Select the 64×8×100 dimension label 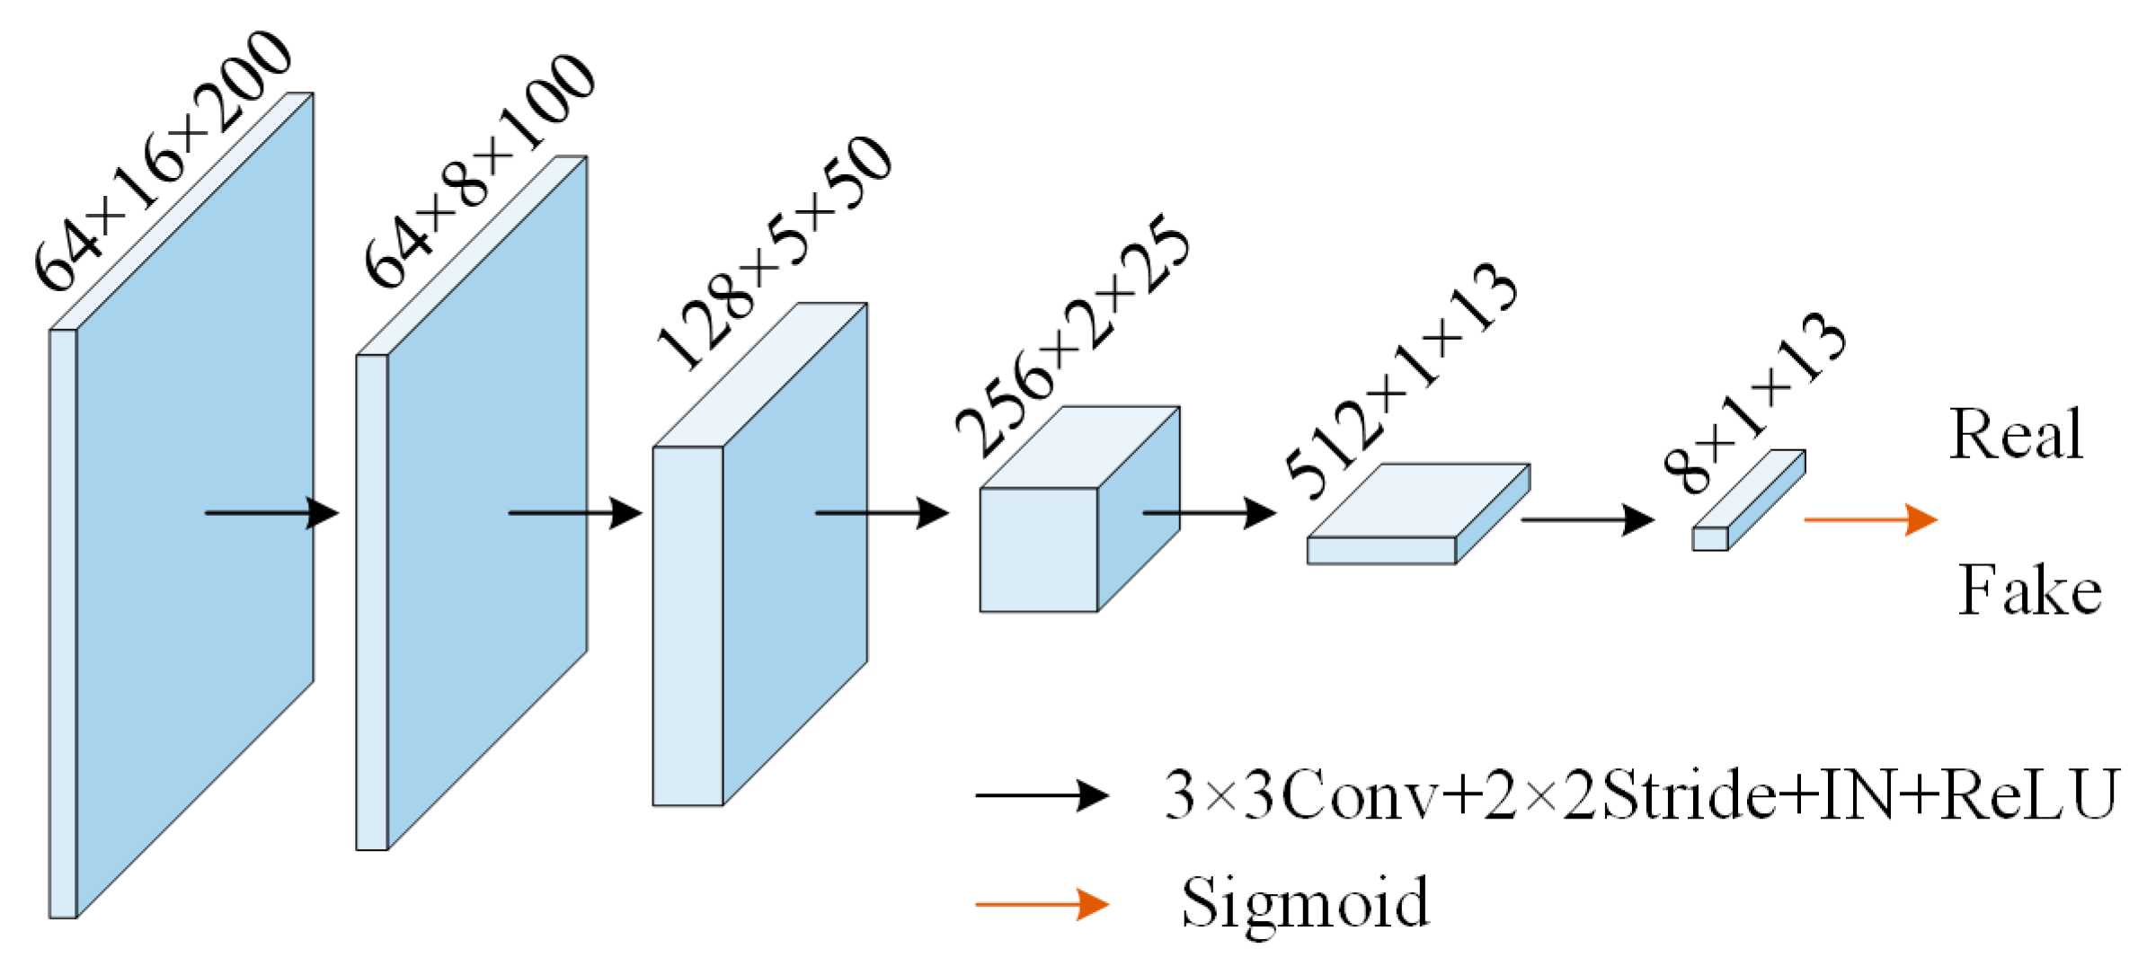(x=479, y=171)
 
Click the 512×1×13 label (x=1401, y=381)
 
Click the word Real (x=2016, y=435)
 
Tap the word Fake (x=2029, y=590)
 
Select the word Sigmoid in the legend (x=1304, y=902)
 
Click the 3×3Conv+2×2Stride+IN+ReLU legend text (x=1640, y=795)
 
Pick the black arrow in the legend (x=1042, y=795)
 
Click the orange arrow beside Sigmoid (x=1042, y=904)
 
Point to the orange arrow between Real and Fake (x=1869, y=519)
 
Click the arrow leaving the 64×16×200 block (x=271, y=513)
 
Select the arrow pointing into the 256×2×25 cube (x=881, y=513)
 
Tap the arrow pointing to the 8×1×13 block (x=1586, y=519)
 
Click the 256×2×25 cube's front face (x=1038, y=550)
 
